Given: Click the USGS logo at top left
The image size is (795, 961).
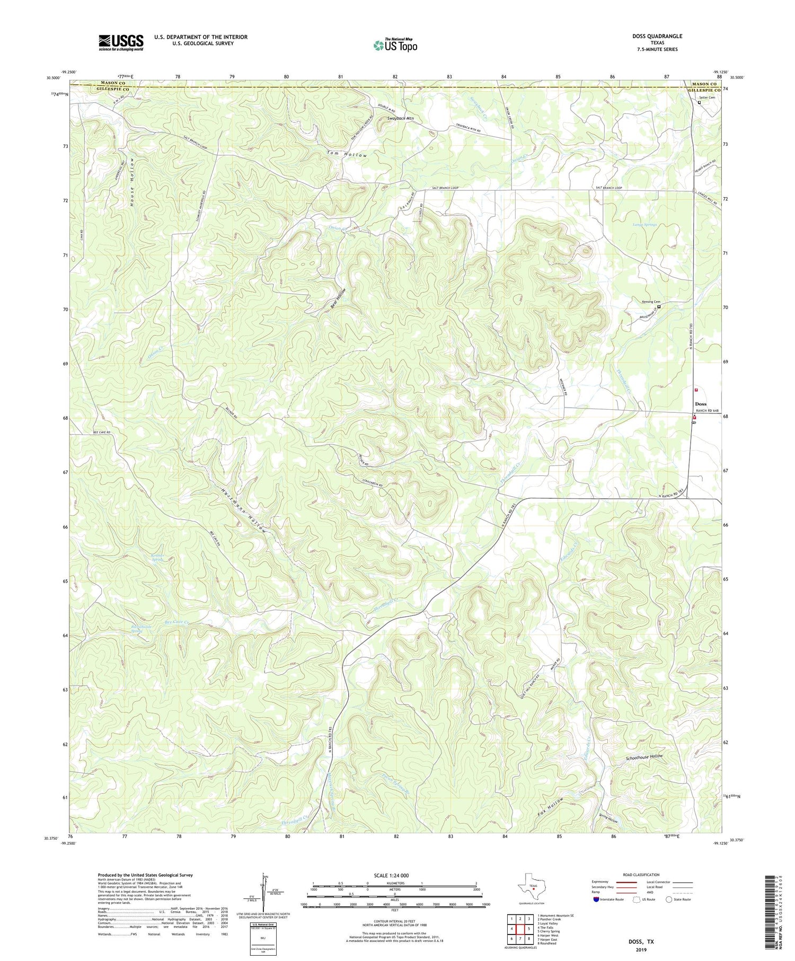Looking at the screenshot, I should coord(121,42).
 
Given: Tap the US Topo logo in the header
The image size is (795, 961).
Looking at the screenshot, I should coord(395,45).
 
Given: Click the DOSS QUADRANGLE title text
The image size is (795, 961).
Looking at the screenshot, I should coord(657,36).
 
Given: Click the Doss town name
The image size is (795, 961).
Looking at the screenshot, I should coord(700,404).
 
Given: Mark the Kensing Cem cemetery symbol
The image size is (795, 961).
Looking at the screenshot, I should coord(659,306).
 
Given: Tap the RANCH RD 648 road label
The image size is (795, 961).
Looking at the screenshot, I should coord(707,410).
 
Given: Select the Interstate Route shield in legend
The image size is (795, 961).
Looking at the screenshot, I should coord(597,899).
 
